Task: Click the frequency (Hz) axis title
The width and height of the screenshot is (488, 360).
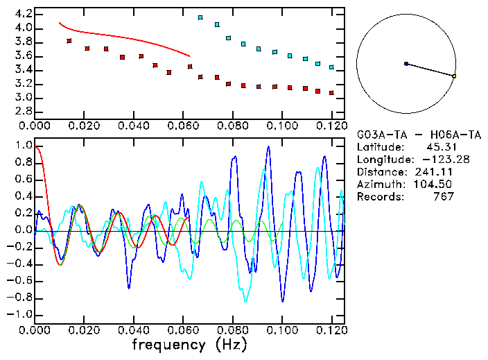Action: tap(189, 344)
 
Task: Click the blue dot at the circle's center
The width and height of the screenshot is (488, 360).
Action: tap(406, 64)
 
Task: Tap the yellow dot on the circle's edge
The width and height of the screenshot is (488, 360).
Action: tap(453, 76)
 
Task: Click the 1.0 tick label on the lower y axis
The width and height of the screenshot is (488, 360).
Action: tap(23, 146)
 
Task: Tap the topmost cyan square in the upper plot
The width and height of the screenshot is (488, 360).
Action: tap(200, 17)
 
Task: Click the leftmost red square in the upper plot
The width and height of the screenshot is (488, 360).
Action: tap(69, 41)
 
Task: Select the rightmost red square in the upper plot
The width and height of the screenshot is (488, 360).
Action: tap(331, 92)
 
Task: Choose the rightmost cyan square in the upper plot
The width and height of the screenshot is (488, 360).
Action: tap(331, 67)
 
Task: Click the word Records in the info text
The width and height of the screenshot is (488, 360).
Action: tap(380, 197)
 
